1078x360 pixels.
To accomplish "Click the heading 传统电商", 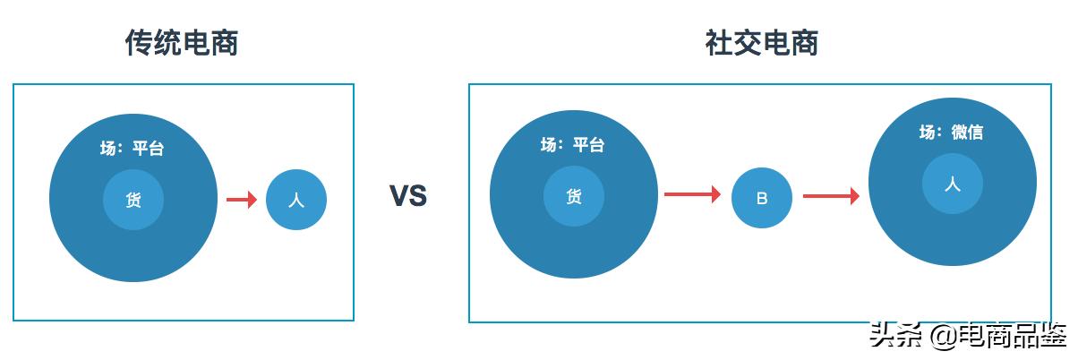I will coord(182,43).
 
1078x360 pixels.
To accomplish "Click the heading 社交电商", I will coord(762,43).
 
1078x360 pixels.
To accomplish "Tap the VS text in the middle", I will coord(408,196).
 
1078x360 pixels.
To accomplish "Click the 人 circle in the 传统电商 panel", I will coord(296,200).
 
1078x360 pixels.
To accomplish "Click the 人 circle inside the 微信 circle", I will coord(953,184).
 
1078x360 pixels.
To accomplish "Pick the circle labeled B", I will coord(762,198).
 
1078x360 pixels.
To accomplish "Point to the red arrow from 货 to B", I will coord(692,194).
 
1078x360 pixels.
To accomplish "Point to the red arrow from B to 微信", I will coord(831,195).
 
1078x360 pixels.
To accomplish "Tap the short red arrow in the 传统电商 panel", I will coord(241,200).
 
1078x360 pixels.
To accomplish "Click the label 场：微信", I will coord(951,133).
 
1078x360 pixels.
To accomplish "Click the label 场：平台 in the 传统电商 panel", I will coord(133,149).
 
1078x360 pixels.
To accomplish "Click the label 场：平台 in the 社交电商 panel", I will coord(573,144).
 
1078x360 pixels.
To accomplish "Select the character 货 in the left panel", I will coord(133,201).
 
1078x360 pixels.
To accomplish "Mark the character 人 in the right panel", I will coord(953,184).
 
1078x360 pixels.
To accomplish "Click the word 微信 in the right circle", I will coord(967,133).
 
